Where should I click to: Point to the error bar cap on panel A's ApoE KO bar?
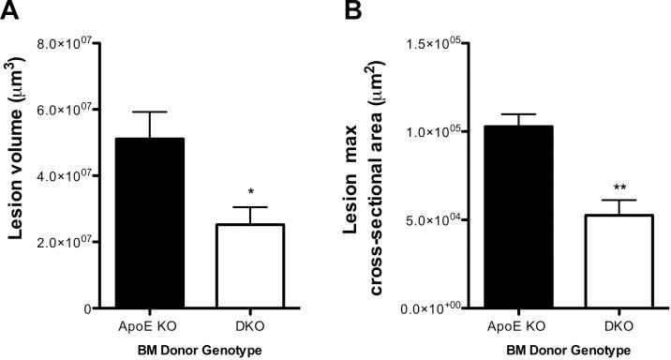(150, 112)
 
